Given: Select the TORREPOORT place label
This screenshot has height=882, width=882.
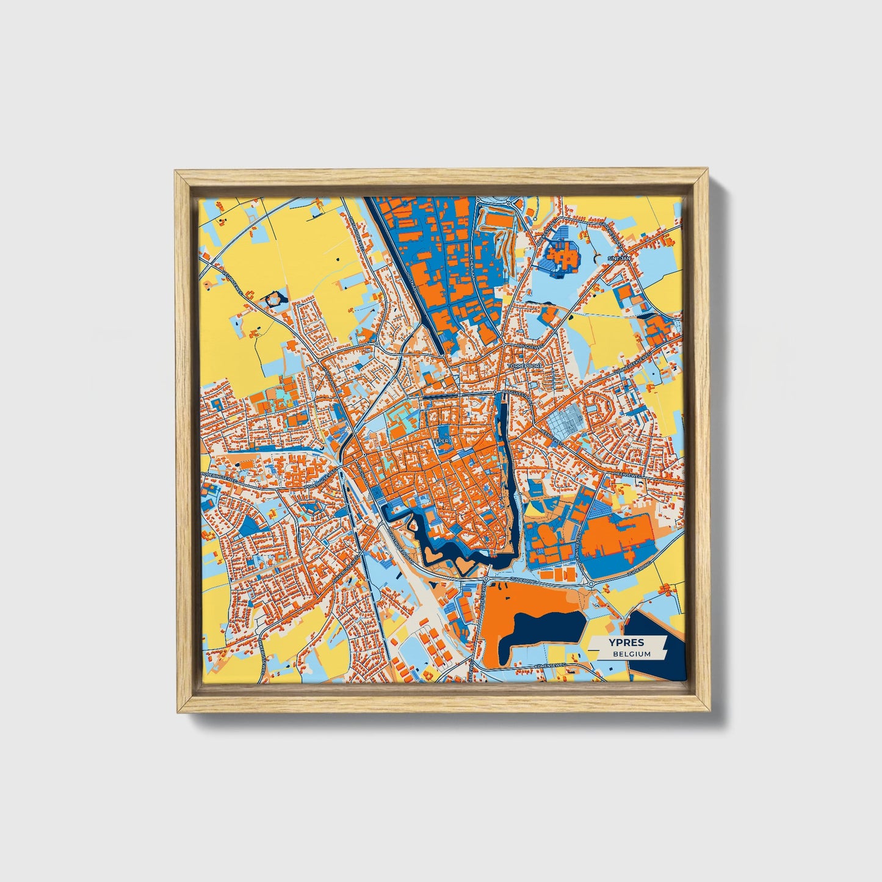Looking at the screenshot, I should pyautogui.click(x=520, y=366).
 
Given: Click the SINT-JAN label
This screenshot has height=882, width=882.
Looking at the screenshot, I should pyautogui.click(x=618, y=259).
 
